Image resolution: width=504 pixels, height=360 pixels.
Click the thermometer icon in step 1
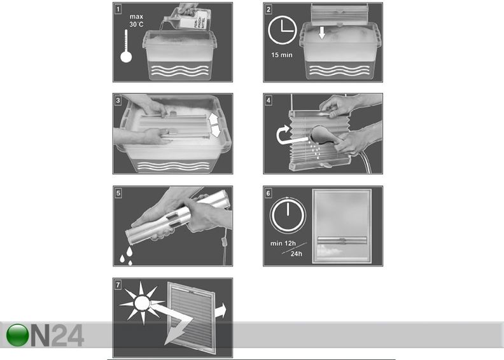point(126,50)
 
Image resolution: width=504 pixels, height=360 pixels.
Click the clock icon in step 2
point(283,31)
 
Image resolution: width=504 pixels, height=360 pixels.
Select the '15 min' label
point(283,55)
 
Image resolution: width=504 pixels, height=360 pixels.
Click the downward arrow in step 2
point(323,32)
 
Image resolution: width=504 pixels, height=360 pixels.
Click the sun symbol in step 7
point(138,303)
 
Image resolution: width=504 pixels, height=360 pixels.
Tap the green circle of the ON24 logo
point(18,336)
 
